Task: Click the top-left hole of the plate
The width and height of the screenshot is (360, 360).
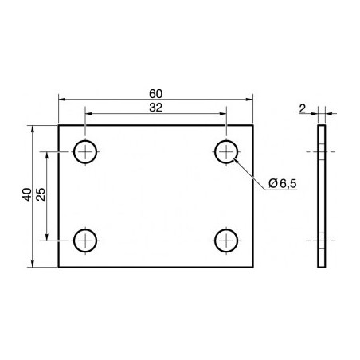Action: [x=85, y=151]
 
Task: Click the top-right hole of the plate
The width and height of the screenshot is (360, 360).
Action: [x=227, y=151]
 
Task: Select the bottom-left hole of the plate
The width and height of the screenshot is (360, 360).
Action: [x=85, y=239]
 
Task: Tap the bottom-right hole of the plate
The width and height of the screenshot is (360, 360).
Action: [x=227, y=239]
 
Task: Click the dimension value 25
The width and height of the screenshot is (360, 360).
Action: [x=41, y=194]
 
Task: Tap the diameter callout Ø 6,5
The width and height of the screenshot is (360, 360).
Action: [x=283, y=184]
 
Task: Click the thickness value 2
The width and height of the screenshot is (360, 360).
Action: [x=303, y=107]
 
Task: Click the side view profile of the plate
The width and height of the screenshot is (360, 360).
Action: [x=322, y=196]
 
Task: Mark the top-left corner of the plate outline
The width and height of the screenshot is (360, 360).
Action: [x=59, y=125]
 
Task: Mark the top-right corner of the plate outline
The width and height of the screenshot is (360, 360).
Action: [x=253, y=125]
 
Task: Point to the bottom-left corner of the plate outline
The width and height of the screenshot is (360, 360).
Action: [x=59, y=268]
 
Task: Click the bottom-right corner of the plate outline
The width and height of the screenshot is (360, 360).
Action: [x=253, y=268]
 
